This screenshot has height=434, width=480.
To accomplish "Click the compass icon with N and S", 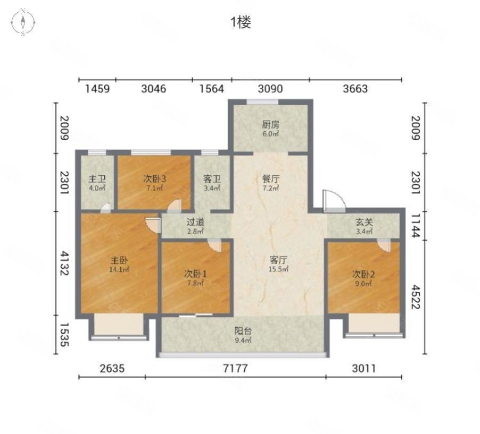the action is coord(23,22).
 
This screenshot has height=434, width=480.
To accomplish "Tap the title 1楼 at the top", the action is coord(241,22).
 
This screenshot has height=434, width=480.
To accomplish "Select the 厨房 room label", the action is coord(271,125).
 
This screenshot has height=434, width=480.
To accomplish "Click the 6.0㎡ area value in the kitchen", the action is coord(271,134).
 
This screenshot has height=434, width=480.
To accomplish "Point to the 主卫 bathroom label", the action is coord(97,179).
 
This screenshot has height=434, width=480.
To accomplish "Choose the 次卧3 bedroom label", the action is coord(154,179).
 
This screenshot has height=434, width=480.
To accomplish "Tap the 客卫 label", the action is coord(212,179).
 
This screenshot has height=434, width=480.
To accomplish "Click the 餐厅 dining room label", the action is coord(271,179).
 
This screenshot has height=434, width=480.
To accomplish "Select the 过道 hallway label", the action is coord(195,222).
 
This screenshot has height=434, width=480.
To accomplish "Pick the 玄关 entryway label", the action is coord(365,222).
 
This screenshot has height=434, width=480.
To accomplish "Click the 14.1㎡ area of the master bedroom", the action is coord(119,269).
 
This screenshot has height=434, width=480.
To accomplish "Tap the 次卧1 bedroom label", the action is coord(195,274).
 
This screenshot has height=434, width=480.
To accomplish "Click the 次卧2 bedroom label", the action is coord(363,275).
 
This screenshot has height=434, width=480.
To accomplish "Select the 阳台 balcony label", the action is coord(243,331).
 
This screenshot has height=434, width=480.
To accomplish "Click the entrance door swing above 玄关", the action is coord(334,200).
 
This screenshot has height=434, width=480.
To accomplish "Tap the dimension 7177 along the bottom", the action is coord(235,368).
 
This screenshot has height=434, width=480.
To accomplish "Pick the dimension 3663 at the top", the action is coord(355,89).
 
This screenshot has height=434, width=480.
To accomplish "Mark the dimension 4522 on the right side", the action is coord(416,297).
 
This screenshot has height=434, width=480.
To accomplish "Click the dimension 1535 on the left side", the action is coord(64,335).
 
